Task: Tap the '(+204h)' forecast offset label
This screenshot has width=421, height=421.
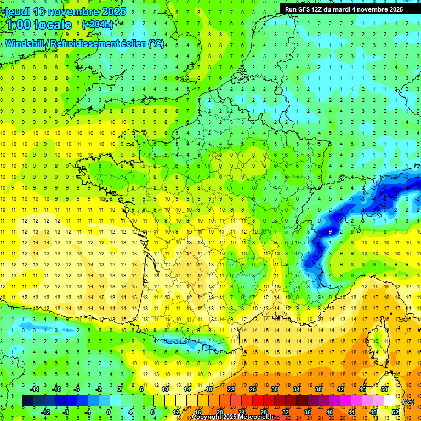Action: [x=98, y=24]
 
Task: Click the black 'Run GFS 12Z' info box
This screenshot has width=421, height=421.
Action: [x=344, y=9]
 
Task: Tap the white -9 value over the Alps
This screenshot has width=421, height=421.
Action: [x=329, y=232]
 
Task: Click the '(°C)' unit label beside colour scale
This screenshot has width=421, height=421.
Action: [x=408, y=401]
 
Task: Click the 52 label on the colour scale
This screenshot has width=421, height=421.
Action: [x=395, y=412]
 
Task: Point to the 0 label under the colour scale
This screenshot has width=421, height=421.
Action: [x=108, y=412]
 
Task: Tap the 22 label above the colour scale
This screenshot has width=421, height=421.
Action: [x=231, y=389]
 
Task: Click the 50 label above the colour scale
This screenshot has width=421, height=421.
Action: [x=384, y=389]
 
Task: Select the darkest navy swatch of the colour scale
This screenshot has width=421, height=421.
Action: [x=27, y=401]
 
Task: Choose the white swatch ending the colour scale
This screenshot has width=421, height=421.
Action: [x=390, y=401]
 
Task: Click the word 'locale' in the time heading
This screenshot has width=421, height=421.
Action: [x=53, y=25]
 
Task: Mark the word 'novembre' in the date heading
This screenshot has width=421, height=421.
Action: [x=73, y=12]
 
